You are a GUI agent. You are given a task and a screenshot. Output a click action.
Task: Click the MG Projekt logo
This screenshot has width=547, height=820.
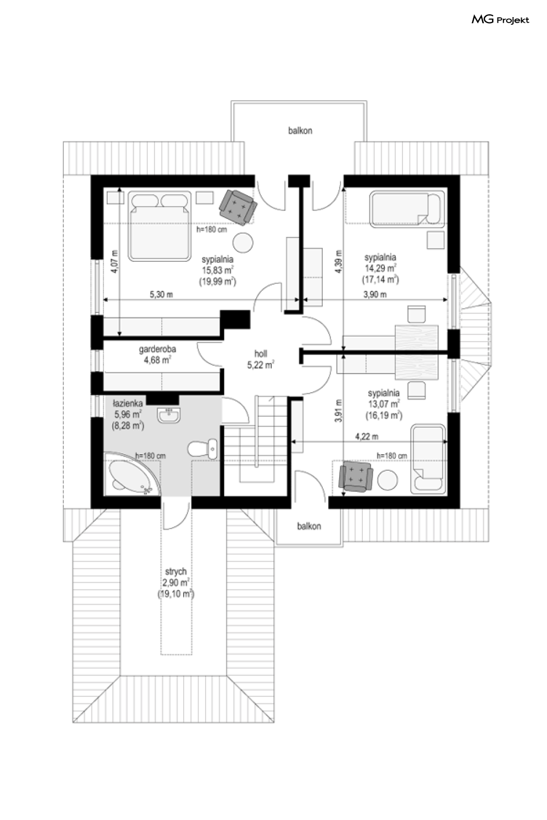tap(500, 20)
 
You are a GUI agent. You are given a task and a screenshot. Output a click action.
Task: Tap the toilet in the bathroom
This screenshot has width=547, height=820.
tap(202, 449)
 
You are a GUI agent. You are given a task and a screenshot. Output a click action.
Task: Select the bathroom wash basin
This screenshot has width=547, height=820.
tap(168, 415)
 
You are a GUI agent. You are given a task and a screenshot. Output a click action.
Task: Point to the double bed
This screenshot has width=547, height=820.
tap(159, 226)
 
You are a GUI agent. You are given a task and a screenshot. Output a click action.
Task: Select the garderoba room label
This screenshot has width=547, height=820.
tap(157, 349)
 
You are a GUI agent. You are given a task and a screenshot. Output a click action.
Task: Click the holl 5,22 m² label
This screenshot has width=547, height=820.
tap(261, 359)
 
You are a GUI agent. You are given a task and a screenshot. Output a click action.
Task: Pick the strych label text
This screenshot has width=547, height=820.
tap(175, 571)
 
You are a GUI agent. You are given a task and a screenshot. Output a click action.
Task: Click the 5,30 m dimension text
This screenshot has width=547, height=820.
tap(162, 294)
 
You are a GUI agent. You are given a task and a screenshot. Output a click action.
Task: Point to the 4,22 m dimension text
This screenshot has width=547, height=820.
tap(367, 436)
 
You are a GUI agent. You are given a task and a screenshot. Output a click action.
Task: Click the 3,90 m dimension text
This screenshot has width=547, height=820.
tap(375, 294)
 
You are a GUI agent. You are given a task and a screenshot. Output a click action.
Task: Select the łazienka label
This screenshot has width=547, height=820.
tap(128, 404)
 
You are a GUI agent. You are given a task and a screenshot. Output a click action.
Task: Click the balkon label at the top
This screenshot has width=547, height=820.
tap(300, 131)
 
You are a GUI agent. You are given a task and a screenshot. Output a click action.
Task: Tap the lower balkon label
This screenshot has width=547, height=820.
tap(309, 526)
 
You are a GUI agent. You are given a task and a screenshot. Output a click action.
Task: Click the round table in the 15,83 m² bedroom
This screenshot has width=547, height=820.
tap(243, 243)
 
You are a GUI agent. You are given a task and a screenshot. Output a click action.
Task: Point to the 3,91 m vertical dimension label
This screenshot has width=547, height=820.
tap(339, 411)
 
